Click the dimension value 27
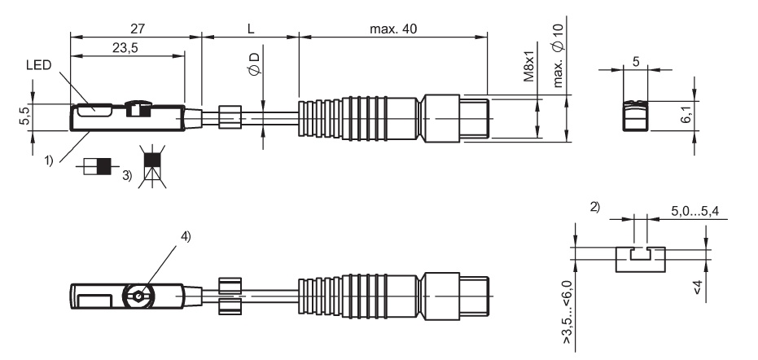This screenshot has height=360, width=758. (137, 29)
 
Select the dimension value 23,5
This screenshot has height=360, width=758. (125, 48)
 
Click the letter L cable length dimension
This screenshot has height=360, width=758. (251, 29)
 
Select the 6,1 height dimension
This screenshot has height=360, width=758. (689, 114)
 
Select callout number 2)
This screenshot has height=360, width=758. (594, 209)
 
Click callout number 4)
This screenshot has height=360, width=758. (186, 238)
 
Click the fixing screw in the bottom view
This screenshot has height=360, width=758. (140, 296)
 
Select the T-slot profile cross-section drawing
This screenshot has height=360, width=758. (640, 258)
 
